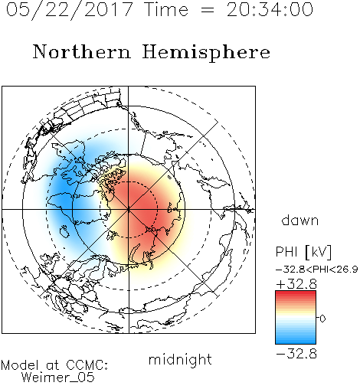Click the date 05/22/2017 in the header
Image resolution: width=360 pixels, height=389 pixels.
(70, 10)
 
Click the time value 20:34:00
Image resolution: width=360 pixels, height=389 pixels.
(270, 10)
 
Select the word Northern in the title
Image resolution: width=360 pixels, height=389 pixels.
(82, 51)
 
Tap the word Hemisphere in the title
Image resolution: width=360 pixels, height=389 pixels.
(206, 52)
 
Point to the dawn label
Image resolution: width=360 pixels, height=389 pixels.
(300, 221)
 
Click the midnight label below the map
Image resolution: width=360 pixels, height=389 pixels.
(180, 360)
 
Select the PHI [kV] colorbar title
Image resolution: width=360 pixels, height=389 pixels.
(303, 252)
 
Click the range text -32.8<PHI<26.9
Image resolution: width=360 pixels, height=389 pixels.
(316, 270)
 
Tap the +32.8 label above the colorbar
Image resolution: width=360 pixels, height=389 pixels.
(296, 284)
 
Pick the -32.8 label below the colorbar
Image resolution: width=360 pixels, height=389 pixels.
(296, 354)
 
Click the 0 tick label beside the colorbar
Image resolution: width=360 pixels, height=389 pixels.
(322, 319)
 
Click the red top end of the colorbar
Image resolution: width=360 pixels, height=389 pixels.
(296, 293)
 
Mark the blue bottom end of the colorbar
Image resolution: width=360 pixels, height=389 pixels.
(296, 342)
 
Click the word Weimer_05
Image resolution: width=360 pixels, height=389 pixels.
(58, 378)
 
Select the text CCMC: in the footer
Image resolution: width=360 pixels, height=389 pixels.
(87, 365)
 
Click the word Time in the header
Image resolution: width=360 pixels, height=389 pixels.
(166, 10)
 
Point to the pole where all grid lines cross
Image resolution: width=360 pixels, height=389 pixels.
(129, 209)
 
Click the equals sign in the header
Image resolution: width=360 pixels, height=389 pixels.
(207, 10)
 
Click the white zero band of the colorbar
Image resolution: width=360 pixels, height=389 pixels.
(296, 318)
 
